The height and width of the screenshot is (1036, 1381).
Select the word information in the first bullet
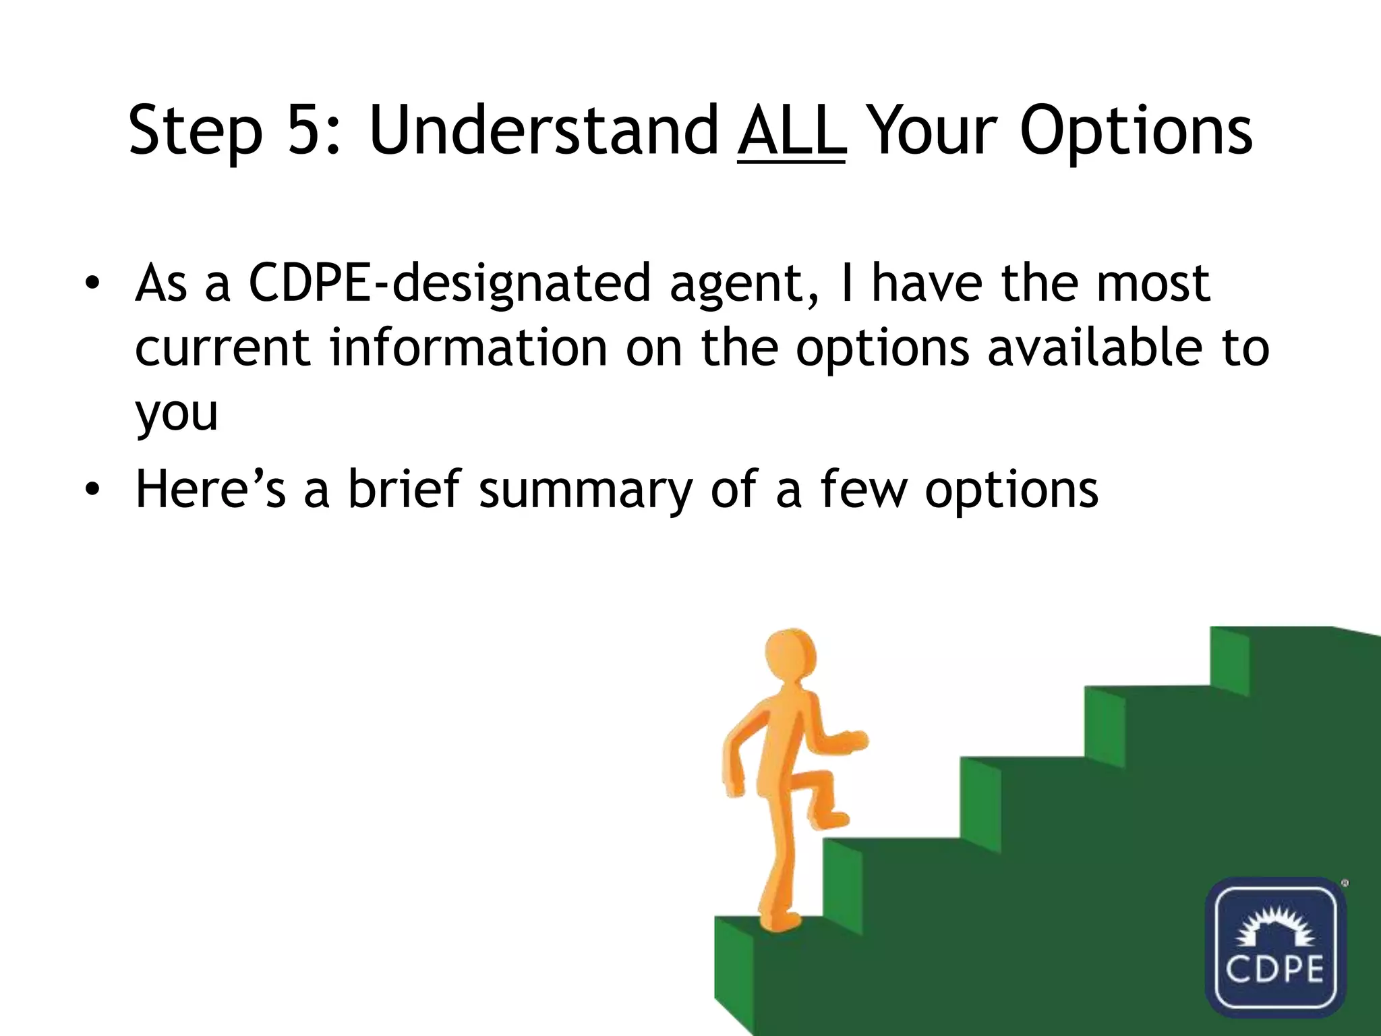469,348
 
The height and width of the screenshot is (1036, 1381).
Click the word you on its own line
177,413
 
